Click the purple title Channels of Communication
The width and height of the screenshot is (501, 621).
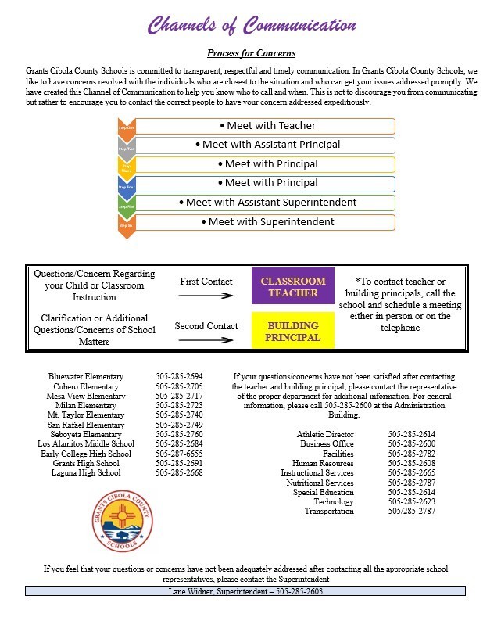[252, 25]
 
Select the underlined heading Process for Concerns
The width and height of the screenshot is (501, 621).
[251, 53]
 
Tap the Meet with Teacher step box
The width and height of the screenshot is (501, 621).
[266, 126]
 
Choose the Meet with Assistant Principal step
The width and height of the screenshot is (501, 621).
[266, 145]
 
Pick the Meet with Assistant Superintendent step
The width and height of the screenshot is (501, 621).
[266, 203]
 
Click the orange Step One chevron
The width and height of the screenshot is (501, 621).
[126, 127]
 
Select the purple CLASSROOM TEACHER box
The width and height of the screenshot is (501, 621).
[292, 287]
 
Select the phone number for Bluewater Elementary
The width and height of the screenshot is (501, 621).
[179, 376]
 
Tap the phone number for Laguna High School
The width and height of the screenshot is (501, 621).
[179, 473]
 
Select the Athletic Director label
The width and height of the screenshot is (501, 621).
[325, 434]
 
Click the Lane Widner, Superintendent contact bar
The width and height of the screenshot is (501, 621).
[245, 591]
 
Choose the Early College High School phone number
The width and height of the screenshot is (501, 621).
[179, 454]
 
